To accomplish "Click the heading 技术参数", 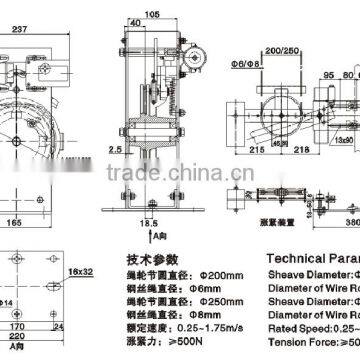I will click(151, 259).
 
